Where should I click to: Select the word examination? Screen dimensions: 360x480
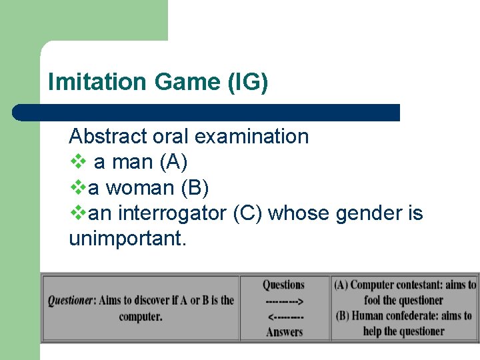(x=251, y=136)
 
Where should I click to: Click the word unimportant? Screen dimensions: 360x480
(x=127, y=239)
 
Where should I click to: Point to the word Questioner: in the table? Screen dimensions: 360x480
(x=71, y=301)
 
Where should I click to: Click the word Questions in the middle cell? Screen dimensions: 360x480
(x=283, y=285)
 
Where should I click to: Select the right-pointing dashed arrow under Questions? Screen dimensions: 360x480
(x=285, y=301)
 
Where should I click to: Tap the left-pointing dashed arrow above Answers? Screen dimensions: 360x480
(x=285, y=316)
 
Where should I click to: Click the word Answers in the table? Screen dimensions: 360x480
(x=285, y=331)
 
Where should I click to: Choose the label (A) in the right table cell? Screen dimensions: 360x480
(x=341, y=285)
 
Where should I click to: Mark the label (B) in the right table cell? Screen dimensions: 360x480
(x=343, y=316)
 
